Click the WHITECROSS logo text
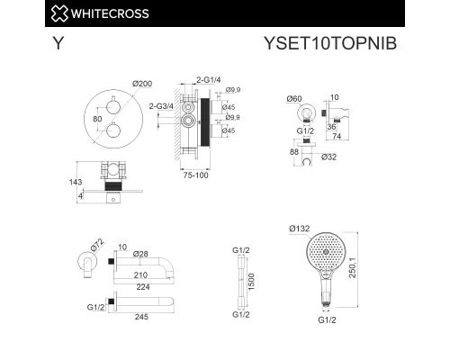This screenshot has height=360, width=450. (x=109, y=13)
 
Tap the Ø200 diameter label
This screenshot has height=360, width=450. (x=142, y=84)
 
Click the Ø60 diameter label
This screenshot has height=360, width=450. (x=293, y=97)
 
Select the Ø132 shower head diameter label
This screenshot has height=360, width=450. (x=301, y=229)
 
